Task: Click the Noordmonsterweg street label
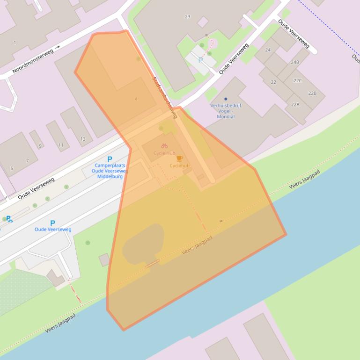click(33, 60)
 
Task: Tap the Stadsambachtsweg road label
click(165, 97)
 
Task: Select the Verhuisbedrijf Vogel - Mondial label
click(226, 111)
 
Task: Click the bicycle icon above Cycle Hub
click(164, 146)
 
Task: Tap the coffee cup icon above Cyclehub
click(179, 159)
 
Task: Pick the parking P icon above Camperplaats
click(110, 159)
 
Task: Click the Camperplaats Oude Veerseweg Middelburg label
click(110, 171)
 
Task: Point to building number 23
click(188, 17)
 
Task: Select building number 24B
click(295, 62)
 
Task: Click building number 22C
click(298, 81)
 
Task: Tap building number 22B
click(312, 93)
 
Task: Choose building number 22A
click(295, 104)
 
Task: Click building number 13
click(83, 139)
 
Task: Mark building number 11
click(61, 145)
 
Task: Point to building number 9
click(40, 146)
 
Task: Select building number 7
click(27, 161)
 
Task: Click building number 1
click(15, 43)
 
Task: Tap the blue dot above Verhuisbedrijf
click(226, 99)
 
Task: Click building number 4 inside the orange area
click(136, 99)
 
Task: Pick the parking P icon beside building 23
click(201, 60)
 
